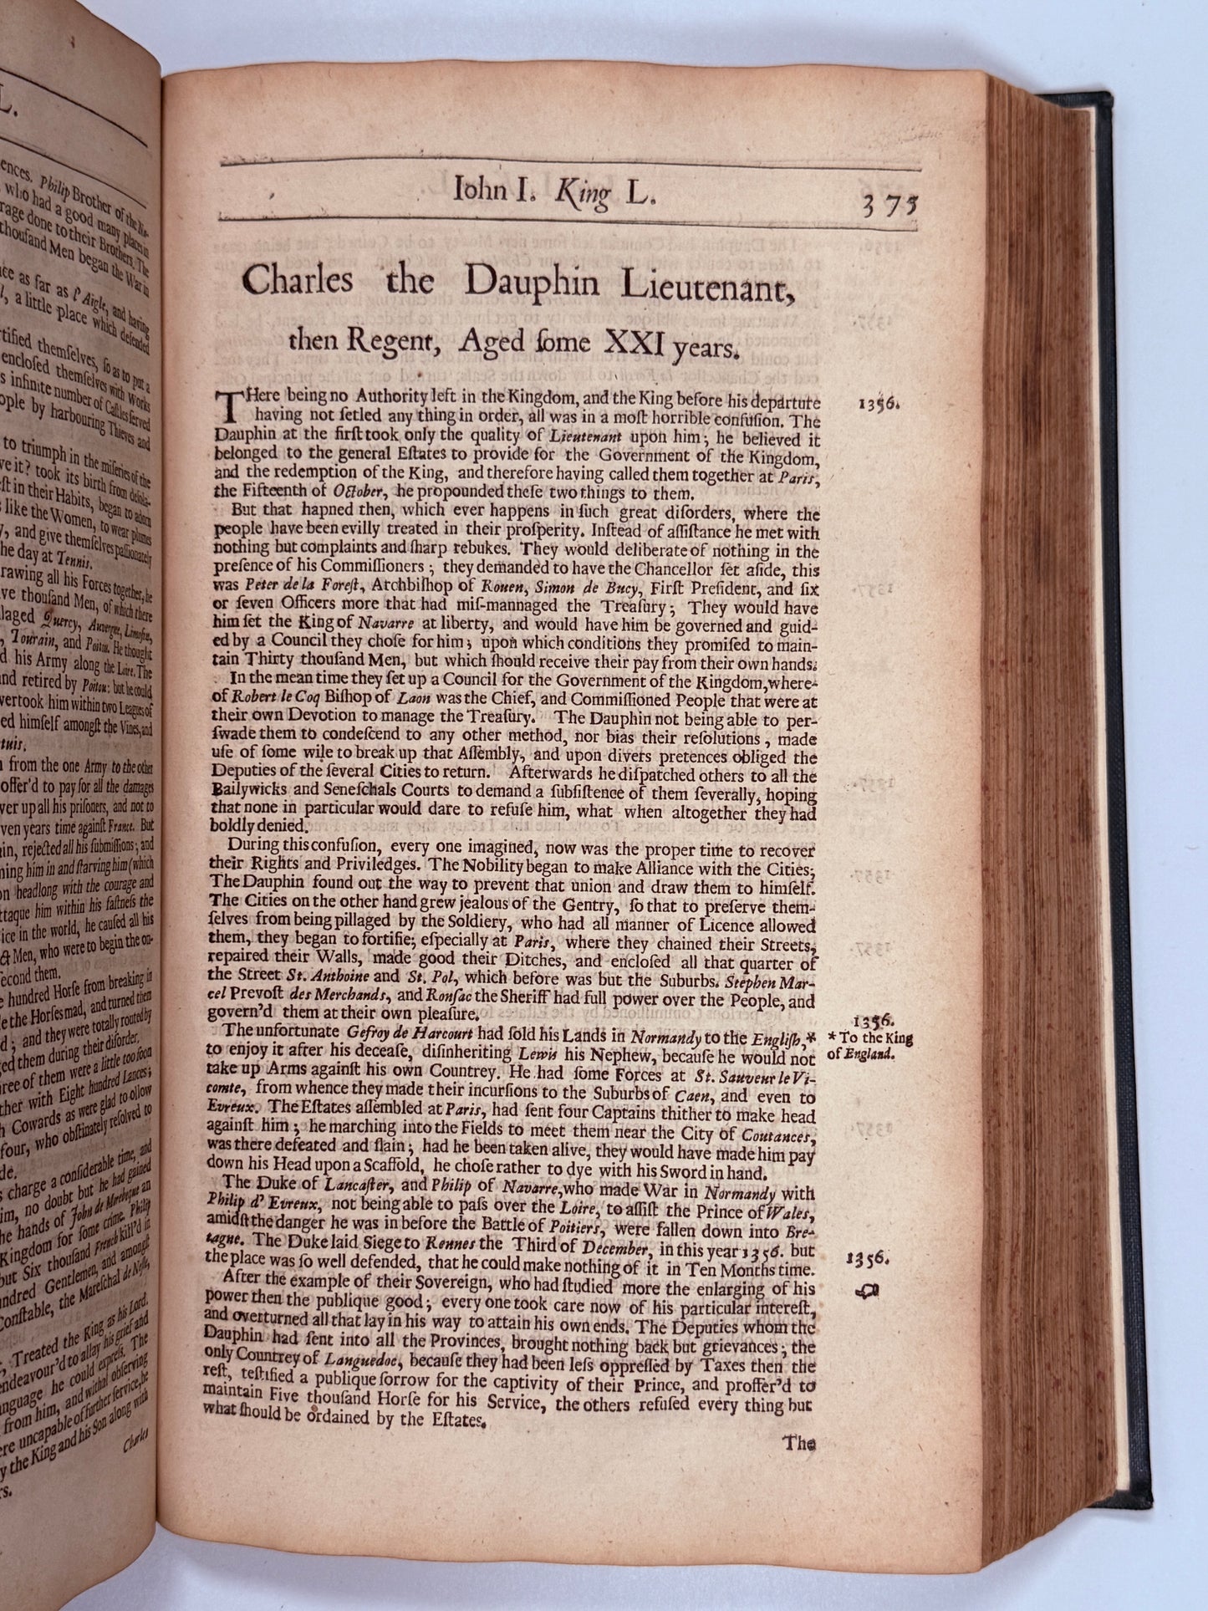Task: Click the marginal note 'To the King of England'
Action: [x=869, y=1046]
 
